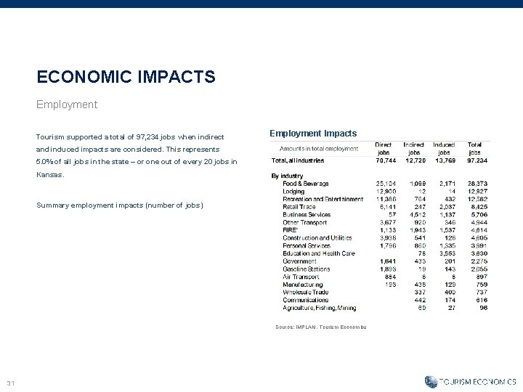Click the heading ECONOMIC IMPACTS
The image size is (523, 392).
pyautogui.click(x=126, y=76)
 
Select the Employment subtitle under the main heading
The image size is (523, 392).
pyautogui.click(x=67, y=105)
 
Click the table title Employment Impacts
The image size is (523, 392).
pyautogui.click(x=313, y=134)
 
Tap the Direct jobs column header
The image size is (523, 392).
pyautogui.click(x=383, y=149)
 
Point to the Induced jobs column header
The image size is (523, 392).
pyautogui.click(x=444, y=149)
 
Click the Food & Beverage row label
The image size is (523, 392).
pyautogui.click(x=306, y=184)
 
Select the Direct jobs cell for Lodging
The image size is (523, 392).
pyautogui.click(x=385, y=191)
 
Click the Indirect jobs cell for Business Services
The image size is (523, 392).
pyautogui.click(x=417, y=215)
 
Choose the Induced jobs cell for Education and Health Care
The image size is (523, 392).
pyautogui.click(x=447, y=253)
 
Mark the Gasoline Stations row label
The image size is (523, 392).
pyautogui.click(x=307, y=269)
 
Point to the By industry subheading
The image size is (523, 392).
pyautogui.click(x=287, y=176)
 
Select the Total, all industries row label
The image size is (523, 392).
pyautogui.click(x=298, y=160)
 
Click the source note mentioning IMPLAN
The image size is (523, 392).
pyautogui.click(x=321, y=327)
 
